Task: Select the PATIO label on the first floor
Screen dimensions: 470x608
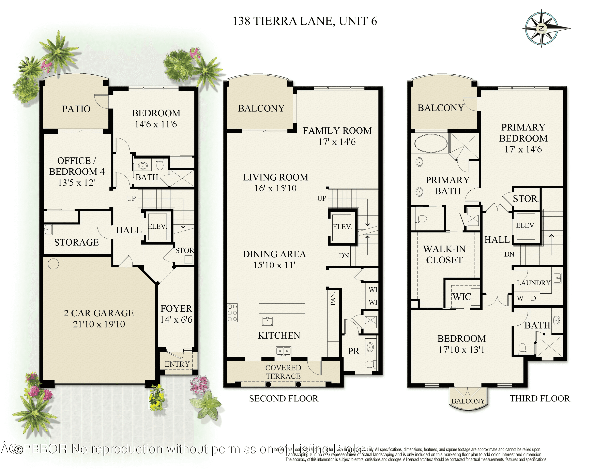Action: pos(76,109)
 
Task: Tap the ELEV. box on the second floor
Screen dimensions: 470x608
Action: pos(342,227)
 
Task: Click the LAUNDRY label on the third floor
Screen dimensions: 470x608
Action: pos(533,283)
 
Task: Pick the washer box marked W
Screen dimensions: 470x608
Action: pos(520,298)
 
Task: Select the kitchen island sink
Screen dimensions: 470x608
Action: pos(267,321)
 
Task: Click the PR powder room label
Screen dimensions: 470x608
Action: pos(354,351)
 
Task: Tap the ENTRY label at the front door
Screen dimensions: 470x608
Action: pos(177,364)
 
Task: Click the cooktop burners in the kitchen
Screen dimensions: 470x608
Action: pos(232,313)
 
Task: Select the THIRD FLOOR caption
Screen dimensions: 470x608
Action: pos(539,399)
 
